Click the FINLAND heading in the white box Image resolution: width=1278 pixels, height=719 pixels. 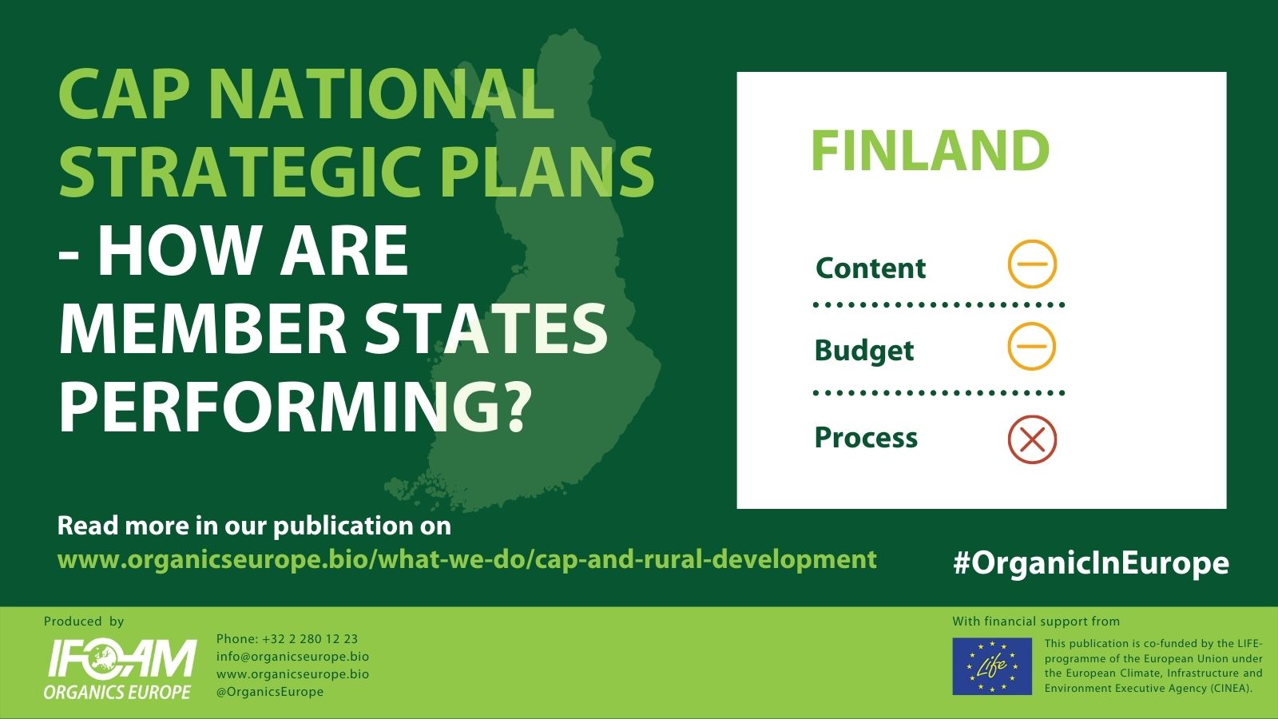[930, 150]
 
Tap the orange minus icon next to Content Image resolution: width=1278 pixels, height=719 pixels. [1032, 264]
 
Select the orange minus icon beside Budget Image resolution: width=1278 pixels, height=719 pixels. [1032, 346]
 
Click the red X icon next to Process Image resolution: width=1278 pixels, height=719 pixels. [1032, 439]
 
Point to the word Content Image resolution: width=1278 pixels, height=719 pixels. [871, 268]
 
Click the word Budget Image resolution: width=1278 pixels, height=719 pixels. [864, 351]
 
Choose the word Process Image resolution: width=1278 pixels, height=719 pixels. [866, 438]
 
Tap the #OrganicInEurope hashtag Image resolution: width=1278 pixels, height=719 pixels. [1091, 563]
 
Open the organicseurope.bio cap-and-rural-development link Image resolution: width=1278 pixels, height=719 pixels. [467, 560]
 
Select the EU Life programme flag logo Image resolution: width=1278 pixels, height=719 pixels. [992, 666]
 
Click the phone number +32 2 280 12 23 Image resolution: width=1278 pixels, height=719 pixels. [287, 639]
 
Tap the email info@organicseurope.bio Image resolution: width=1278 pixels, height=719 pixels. [292, 657]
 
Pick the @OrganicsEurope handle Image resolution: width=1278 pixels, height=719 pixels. [270, 692]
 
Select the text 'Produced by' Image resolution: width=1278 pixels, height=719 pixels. [84, 622]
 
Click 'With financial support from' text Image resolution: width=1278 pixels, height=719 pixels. [1036, 622]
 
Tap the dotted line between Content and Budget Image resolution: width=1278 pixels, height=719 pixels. [939, 305]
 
